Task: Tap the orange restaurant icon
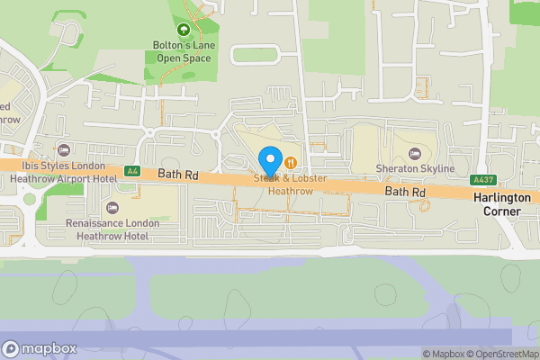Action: pos(292,162)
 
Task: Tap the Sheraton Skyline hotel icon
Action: pos(414,155)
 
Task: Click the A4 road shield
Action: pos(132,169)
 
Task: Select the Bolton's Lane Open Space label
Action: pos(183,52)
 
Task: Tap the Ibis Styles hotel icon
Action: pos(63,149)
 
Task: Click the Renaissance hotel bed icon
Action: pos(112,208)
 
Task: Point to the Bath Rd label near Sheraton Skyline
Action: pos(405,193)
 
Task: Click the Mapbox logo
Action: pos(40,348)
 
